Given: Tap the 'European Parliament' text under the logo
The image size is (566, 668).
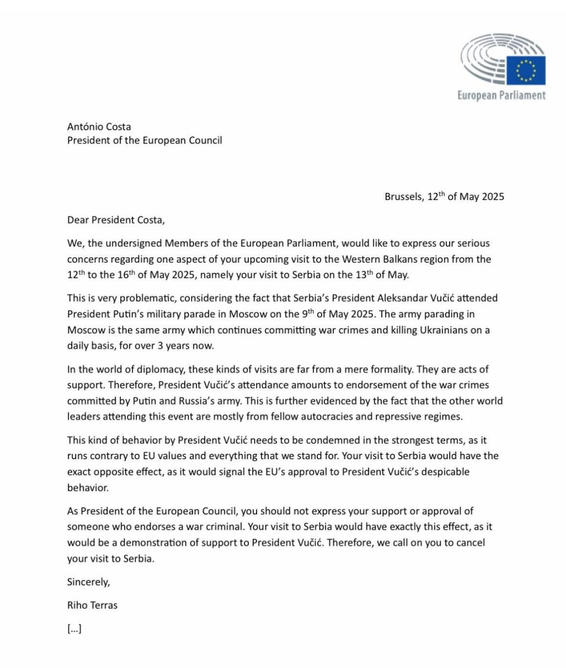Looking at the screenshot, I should (x=501, y=95).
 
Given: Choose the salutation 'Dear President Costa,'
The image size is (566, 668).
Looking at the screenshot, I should (x=116, y=219).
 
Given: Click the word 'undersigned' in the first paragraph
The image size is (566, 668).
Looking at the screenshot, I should (x=144, y=244).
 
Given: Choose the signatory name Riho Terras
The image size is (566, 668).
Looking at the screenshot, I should (x=92, y=605).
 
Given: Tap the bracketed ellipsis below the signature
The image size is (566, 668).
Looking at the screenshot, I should (x=75, y=629).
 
